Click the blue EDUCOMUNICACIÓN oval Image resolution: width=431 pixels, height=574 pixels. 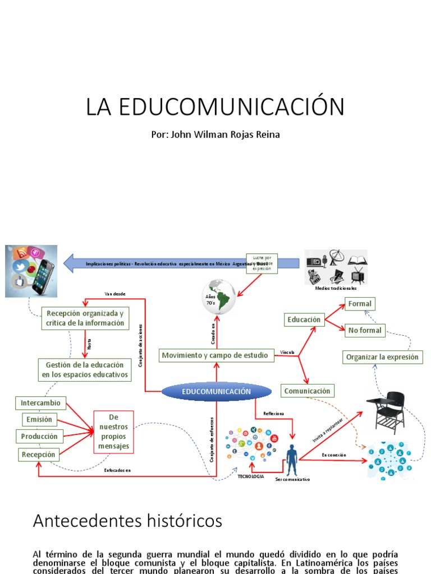coord(215,392)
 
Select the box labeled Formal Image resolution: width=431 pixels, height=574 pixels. coord(360,304)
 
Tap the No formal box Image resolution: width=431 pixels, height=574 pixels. coord(364,330)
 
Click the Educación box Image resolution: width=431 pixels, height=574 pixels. coord(304,320)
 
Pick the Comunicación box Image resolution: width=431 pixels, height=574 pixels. coord(307,391)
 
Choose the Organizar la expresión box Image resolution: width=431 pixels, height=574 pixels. coord(382,357)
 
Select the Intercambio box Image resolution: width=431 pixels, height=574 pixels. coord(40,403)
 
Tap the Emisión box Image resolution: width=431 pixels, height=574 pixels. coord(39,419)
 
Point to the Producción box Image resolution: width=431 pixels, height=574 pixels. coord(39,436)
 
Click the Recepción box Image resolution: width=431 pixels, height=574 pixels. coord(38,454)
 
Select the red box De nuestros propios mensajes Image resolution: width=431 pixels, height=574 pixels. coord(114,431)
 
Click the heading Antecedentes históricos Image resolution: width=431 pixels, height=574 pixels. coord(127,521)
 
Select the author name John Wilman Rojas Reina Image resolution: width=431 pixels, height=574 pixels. coord(215,135)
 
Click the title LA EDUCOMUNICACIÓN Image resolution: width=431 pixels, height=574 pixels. coord(215,107)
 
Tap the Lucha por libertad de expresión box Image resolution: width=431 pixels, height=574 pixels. coord(262,263)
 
